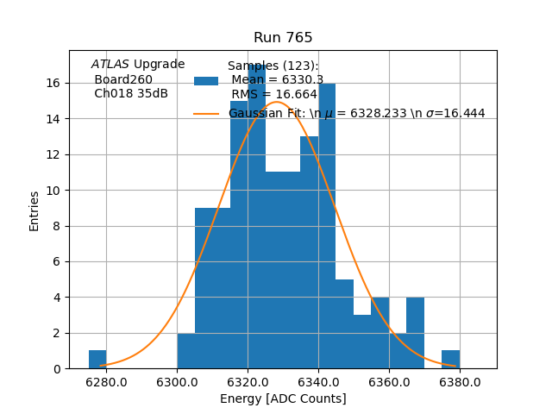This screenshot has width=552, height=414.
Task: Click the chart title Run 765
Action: [283, 38]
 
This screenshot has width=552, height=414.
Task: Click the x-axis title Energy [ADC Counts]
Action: [283, 398]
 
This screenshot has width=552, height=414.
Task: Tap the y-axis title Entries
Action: [34, 210]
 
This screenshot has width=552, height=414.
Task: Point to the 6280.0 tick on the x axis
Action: [106, 381]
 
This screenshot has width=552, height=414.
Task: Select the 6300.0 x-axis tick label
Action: [177, 381]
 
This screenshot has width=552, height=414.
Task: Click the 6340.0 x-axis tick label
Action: [318, 381]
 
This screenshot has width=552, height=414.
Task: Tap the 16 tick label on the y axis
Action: [53, 83]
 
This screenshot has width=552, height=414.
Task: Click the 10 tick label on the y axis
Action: [53, 191]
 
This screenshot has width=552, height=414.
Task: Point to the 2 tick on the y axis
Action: [56, 333]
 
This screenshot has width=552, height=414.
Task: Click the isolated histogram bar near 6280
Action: [97, 360]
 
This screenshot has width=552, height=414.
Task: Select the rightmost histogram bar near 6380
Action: [450, 360]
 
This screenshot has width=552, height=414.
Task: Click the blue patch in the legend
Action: [206, 81]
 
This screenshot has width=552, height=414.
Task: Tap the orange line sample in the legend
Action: [206, 114]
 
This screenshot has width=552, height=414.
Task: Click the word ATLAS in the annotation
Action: [110, 64]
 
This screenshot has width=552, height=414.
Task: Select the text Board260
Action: [123, 79]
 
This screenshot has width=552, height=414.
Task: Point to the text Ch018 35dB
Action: [131, 93]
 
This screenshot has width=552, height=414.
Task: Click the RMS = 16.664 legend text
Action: [274, 95]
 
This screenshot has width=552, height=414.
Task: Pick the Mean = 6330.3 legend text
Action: [276, 80]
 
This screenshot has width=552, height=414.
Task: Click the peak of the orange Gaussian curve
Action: [276, 102]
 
